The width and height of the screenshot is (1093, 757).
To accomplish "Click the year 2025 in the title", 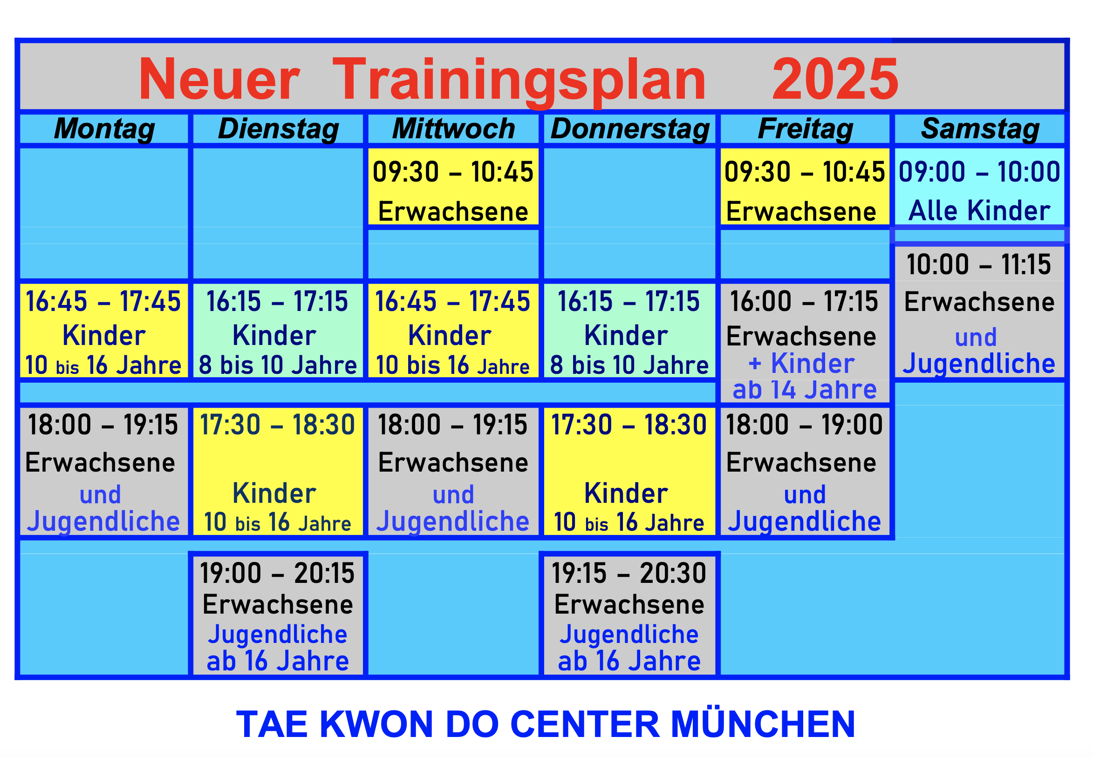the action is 835,79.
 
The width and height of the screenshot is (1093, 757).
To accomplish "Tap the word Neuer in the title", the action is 219,79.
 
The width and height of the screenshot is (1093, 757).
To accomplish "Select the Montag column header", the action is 104,129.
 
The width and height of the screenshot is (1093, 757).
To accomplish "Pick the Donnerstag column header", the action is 630,129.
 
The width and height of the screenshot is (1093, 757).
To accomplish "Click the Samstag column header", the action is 980,129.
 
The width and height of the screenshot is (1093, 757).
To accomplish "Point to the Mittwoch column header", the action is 453,129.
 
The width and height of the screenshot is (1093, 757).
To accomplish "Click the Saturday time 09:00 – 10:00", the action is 979,172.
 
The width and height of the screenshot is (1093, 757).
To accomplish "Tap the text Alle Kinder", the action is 979,210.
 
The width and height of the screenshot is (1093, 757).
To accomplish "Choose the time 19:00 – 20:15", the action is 277,573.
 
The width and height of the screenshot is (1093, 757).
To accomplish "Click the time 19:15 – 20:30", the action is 629,573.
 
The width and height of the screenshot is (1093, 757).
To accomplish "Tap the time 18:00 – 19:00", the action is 804,425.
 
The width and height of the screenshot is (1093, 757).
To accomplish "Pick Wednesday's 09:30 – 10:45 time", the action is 453,172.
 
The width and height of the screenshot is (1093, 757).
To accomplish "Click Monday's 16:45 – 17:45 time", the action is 103,301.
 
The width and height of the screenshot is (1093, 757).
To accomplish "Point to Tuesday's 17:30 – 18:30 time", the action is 277,425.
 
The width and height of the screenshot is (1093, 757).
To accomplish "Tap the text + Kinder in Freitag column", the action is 802,363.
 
